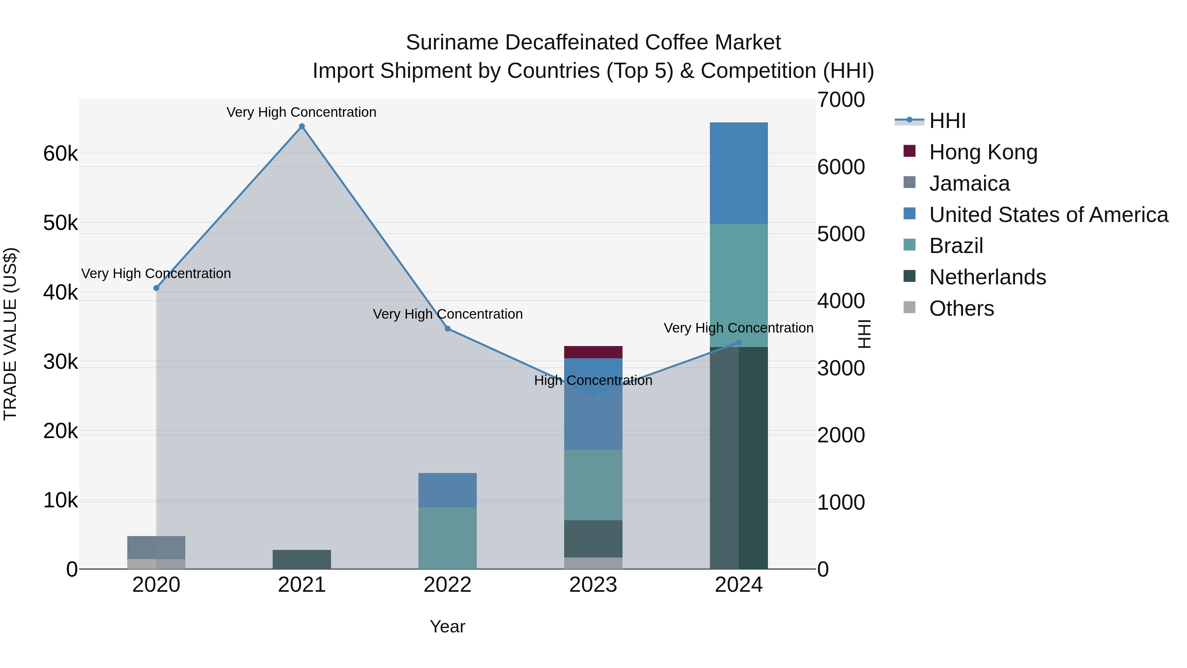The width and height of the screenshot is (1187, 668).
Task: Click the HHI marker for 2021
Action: tap(302, 126)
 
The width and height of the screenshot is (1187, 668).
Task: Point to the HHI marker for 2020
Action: tap(156, 288)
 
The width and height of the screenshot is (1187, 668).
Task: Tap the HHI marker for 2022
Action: tap(447, 329)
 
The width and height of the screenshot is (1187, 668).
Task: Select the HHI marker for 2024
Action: tap(739, 342)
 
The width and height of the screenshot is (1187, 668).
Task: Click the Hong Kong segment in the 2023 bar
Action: tap(593, 352)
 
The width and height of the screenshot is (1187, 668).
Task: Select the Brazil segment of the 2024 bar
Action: tap(739, 285)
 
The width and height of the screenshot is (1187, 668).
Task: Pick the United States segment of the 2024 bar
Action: tap(739, 173)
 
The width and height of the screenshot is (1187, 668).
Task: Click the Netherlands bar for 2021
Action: tap(302, 559)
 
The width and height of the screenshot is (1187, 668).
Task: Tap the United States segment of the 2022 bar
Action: tap(447, 490)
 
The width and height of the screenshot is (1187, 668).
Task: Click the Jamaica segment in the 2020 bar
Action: tap(156, 548)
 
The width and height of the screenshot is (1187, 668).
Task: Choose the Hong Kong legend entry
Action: tap(983, 152)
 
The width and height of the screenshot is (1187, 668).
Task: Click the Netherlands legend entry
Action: tap(987, 277)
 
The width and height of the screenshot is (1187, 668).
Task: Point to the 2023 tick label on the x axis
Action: tap(593, 585)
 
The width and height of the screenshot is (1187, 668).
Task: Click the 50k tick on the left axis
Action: tap(60, 223)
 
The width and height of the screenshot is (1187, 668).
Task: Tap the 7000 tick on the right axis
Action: tap(841, 100)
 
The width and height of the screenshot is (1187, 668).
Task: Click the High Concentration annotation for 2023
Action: tap(593, 381)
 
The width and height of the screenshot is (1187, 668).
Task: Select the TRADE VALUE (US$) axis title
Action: tap(10, 334)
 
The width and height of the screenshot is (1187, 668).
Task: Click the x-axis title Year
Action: tap(447, 626)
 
